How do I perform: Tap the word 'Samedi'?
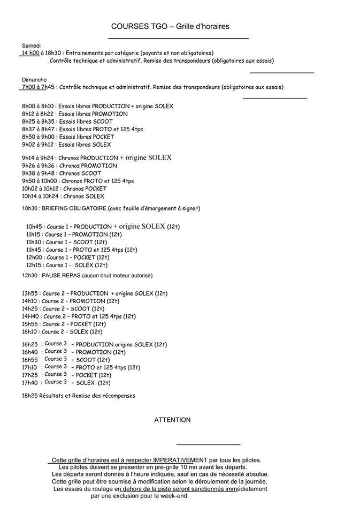pos(31,46)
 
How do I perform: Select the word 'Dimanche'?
pos(34,79)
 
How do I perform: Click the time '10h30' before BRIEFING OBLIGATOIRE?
pos(30,208)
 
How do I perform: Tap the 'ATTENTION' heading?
pos(172,420)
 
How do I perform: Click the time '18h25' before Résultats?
pos(30,396)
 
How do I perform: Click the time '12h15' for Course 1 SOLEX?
pos(34,265)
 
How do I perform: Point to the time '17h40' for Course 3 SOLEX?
pos(30,383)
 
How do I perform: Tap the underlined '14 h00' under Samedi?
pos(30,53)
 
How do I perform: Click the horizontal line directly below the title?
pos(178,39)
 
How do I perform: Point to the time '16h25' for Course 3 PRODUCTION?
pos(30,344)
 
